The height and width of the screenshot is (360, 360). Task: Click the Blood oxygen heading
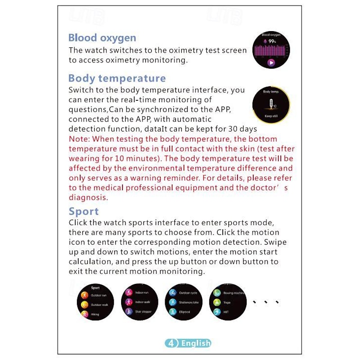(102, 38)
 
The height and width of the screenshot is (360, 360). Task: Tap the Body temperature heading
(117, 78)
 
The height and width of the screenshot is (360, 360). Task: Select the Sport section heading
(84, 211)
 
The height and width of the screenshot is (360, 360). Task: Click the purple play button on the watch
(271, 63)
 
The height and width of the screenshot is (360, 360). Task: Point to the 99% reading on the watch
(272, 41)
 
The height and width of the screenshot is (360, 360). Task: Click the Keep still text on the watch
(271, 116)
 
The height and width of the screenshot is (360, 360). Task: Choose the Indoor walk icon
(128, 302)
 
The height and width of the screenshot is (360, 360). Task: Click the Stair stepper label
(143, 311)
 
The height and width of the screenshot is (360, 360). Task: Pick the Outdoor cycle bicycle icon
(172, 293)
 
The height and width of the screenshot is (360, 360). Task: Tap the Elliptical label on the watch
(185, 312)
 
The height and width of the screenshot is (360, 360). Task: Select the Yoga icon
(217, 302)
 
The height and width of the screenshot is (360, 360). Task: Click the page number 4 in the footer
(171, 343)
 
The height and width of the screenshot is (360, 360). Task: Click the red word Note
(78, 139)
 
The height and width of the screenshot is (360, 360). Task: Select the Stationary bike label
(189, 302)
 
